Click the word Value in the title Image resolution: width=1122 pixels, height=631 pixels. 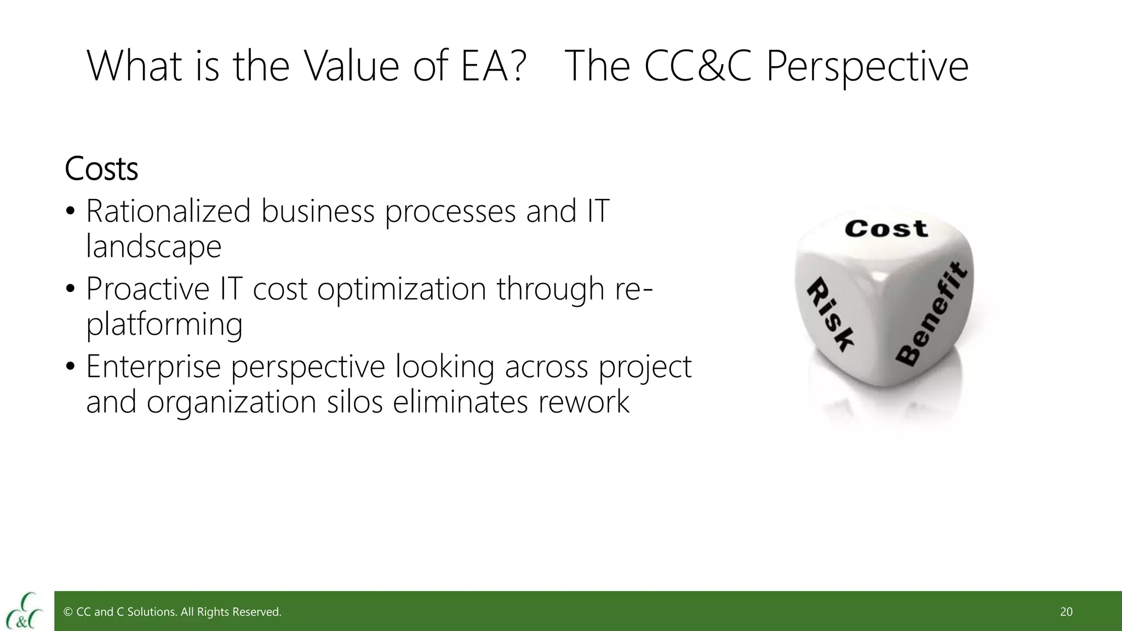(x=351, y=66)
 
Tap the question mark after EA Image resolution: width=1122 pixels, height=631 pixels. (x=516, y=66)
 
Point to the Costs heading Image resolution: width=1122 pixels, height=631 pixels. (x=101, y=169)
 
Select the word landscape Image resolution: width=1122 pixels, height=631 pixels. (x=154, y=246)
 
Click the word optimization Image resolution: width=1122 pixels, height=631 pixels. (x=402, y=290)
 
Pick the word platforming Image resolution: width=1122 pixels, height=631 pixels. (x=164, y=324)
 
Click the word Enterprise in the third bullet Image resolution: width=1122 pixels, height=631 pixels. (x=153, y=367)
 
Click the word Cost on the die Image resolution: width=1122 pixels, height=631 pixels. (x=886, y=228)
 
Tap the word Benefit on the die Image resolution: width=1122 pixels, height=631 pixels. (x=931, y=314)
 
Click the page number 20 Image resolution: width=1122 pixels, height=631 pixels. (x=1066, y=612)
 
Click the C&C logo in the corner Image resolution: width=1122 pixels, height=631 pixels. (x=25, y=611)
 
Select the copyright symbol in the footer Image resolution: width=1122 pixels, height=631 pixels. (x=68, y=612)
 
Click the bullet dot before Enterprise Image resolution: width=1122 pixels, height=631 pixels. (x=70, y=367)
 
